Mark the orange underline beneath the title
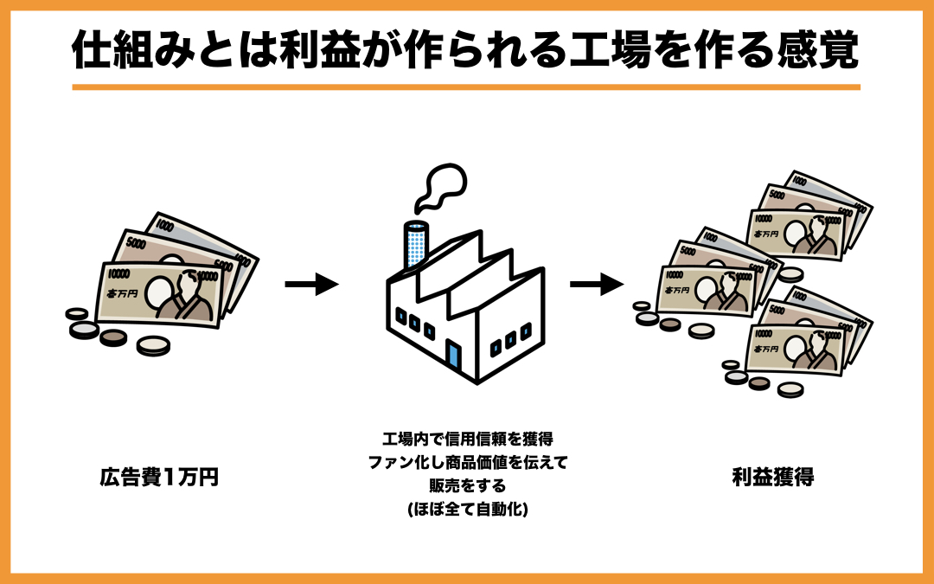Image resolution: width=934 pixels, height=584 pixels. (466, 87)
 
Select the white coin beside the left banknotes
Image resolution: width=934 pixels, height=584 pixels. (154, 345)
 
